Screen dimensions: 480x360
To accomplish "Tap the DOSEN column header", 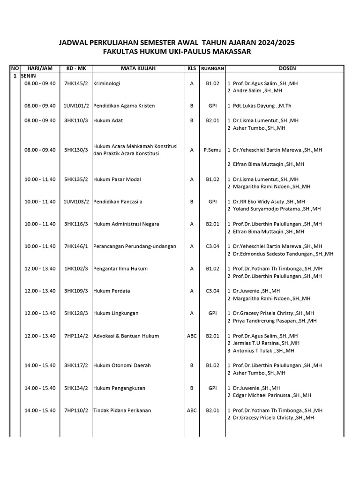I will tap(287, 68).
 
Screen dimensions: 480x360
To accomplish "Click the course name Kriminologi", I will tap(107, 83).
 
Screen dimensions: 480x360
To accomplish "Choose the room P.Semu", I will tap(213, 150).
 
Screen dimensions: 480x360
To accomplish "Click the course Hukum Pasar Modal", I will tap(117, 180).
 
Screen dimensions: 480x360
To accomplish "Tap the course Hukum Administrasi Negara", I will tap(126, 224).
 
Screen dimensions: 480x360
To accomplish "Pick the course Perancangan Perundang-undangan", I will tap(135, 247).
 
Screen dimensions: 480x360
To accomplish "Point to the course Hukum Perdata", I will tap(112, 291).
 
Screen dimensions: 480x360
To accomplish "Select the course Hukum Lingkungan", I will tap(116, 314).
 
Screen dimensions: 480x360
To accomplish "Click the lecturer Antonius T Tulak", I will tap(263, 351).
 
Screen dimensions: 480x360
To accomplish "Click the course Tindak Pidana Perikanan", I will tap(122, 411).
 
